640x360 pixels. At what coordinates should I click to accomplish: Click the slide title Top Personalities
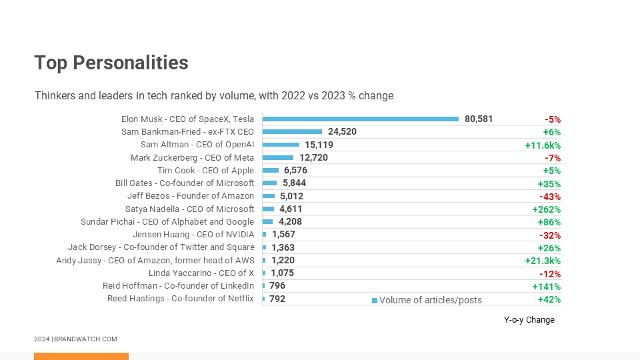[111, 63]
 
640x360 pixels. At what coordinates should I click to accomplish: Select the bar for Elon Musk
[361, 119]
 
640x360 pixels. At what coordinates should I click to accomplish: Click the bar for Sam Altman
[281, 145]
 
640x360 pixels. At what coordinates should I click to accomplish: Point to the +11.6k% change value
[543, 145]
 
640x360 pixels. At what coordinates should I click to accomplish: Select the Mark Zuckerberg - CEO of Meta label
[192, 158]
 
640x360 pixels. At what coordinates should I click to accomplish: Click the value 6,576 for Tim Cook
[295, 171]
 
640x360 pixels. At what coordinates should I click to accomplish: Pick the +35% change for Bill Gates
[549, 184]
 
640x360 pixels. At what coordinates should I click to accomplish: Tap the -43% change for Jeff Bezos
[549, 197]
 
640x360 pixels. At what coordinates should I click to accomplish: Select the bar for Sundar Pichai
[267, 222]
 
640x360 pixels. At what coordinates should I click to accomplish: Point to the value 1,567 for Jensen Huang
[283, 235]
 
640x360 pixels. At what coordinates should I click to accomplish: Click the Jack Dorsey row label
[161, 247]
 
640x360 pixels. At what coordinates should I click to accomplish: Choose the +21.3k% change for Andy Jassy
[543, 261]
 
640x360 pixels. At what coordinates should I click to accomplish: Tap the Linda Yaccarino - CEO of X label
[201, 273]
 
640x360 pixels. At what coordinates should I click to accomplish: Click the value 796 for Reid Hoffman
[277, 286]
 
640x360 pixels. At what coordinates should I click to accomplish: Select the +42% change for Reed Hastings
[549, 299]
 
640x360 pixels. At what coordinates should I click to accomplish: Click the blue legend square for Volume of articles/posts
[375, 301]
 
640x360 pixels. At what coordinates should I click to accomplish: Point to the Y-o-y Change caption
[529, 320]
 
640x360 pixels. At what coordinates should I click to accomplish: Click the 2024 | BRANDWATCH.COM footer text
[75, 339]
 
